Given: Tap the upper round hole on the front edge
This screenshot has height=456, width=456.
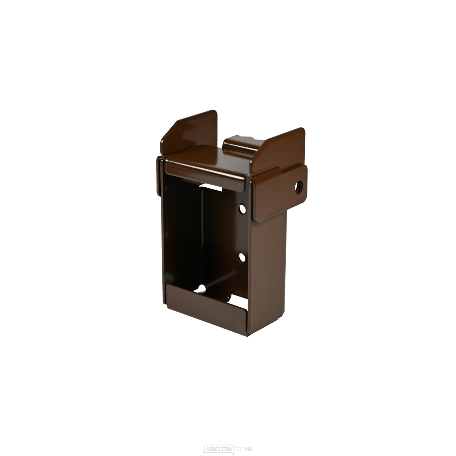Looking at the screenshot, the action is [x=242, y=209].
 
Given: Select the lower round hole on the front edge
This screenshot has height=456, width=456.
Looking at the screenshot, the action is [x=242, y=257].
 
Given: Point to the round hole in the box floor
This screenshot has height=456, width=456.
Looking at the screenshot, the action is [x=202, y=288].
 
